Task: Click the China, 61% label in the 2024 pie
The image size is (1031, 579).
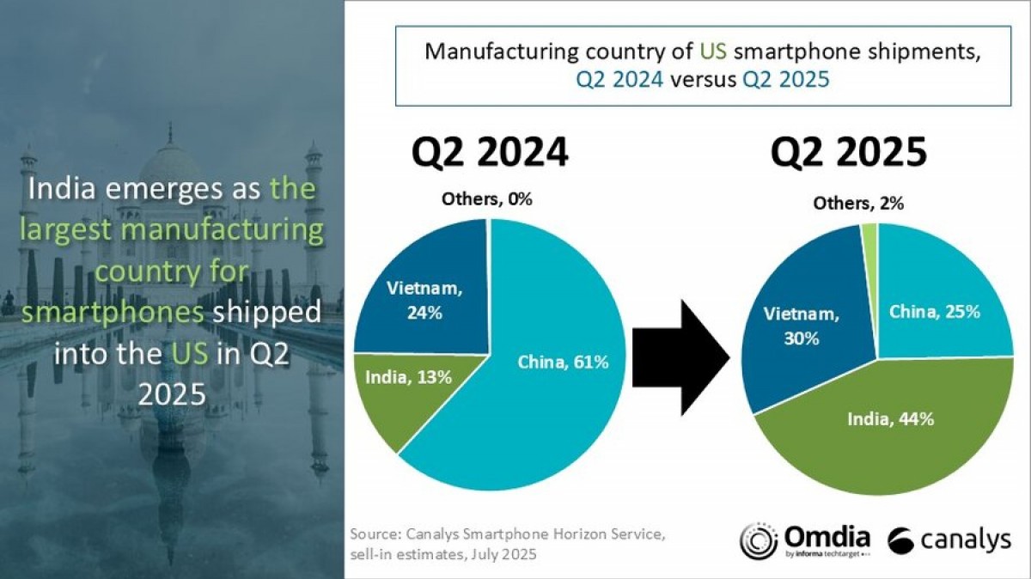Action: pos(563,362)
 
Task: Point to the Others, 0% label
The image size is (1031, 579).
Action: pos(487,199)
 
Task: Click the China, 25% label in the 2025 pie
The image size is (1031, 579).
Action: pos(934,311)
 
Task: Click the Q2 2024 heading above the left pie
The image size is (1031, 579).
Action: pos(490,152)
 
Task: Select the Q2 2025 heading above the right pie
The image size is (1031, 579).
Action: pos(848,152)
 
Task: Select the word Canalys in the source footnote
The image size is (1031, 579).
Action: pos(434,534)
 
